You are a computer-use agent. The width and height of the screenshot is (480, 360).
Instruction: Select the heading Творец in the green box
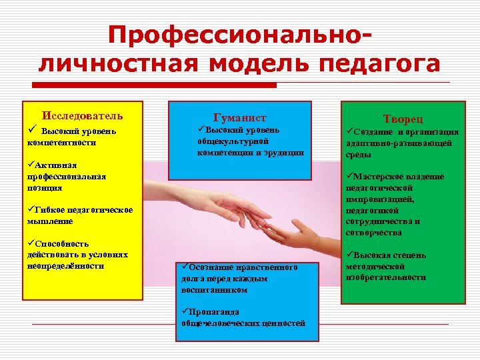[x=403, y=118]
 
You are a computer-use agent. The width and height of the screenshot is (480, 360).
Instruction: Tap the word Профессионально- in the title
[x=239, y=37]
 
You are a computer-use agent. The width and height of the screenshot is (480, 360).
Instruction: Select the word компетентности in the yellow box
[x=62, y=143]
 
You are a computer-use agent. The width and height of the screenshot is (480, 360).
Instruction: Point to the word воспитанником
[x=214, y=290]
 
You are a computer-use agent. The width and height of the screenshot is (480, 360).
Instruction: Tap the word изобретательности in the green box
[x=385, y=277]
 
